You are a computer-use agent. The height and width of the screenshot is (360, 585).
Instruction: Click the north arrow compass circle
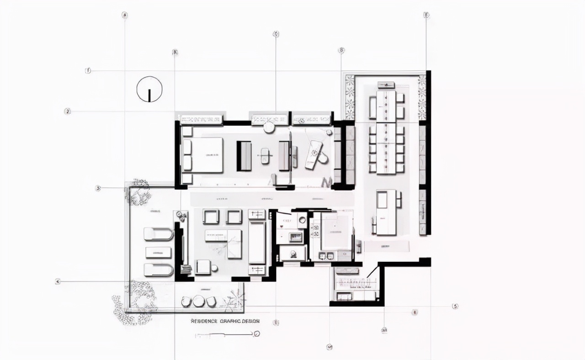click(149, 89)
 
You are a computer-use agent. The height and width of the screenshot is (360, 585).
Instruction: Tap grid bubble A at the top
click(124, 15)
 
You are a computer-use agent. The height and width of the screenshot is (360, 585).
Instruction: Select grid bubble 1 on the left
click(88, 70)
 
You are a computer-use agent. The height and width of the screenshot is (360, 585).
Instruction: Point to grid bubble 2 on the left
click(67, 111)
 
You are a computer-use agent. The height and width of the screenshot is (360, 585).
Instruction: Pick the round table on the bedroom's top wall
click(269, 127)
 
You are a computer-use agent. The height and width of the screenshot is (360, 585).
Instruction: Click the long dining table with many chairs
click(386, 132)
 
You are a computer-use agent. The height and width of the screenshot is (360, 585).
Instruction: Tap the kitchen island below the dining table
click(386, 212)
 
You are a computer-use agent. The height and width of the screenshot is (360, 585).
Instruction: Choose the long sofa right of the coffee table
click(257, 243)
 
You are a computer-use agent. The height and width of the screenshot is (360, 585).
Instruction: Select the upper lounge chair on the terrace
click(158, 234)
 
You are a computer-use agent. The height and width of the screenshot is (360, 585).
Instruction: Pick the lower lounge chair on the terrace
click(158, 270)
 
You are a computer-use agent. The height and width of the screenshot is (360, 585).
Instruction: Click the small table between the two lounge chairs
click(158, 252)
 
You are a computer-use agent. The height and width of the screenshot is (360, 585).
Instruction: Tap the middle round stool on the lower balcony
click(198, 301)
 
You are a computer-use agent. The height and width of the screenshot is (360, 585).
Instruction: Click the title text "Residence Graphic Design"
click(225, 321)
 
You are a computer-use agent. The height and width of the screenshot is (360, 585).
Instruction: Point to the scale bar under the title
click(226, 335)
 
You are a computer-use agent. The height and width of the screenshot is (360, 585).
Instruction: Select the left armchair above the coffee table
click(211, 217)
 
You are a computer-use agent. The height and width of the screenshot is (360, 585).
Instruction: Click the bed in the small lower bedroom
click(336, 231)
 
